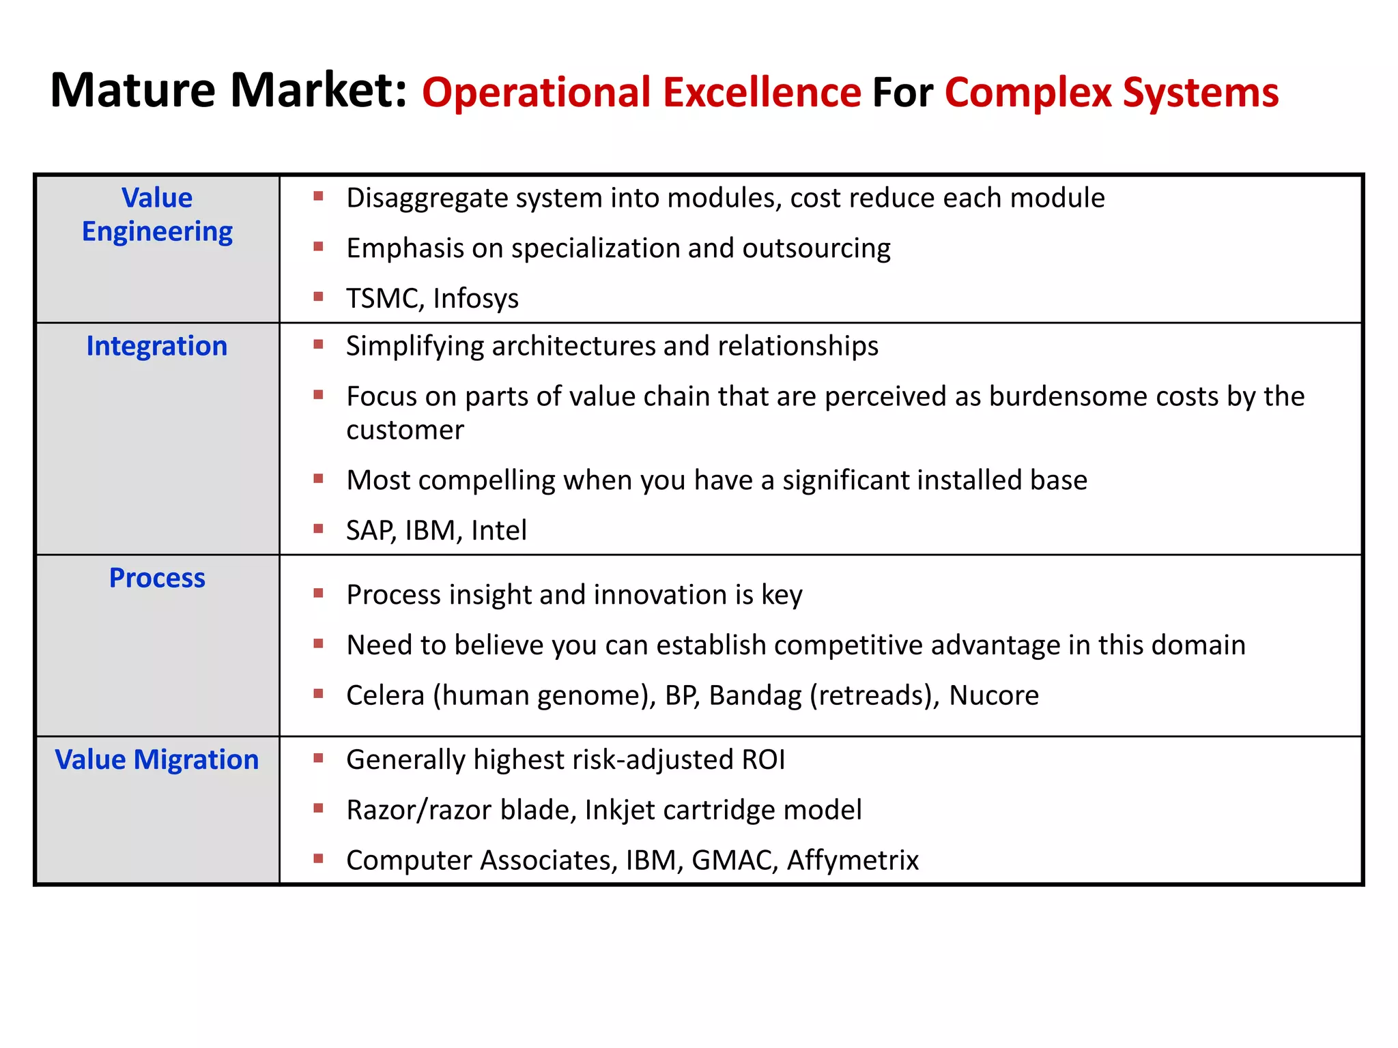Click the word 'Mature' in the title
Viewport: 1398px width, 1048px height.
point(133,90)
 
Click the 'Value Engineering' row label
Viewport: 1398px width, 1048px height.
point(157,214)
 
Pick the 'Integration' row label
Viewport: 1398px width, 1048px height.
point(157,346)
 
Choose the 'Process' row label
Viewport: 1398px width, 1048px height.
point(157,578)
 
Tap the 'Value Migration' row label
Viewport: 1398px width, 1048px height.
point(157,759)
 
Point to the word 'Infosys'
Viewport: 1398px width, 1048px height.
point(476,298)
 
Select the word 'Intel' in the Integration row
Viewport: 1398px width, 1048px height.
point(499,530)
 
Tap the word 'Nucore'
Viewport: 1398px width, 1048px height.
point(994,695)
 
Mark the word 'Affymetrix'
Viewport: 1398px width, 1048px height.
point(853,860)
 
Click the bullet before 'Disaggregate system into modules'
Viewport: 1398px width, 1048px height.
point(318,197)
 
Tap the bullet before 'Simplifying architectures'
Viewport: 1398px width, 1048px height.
point(318,345)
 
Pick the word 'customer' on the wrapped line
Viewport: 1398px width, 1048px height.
point(405,430)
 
